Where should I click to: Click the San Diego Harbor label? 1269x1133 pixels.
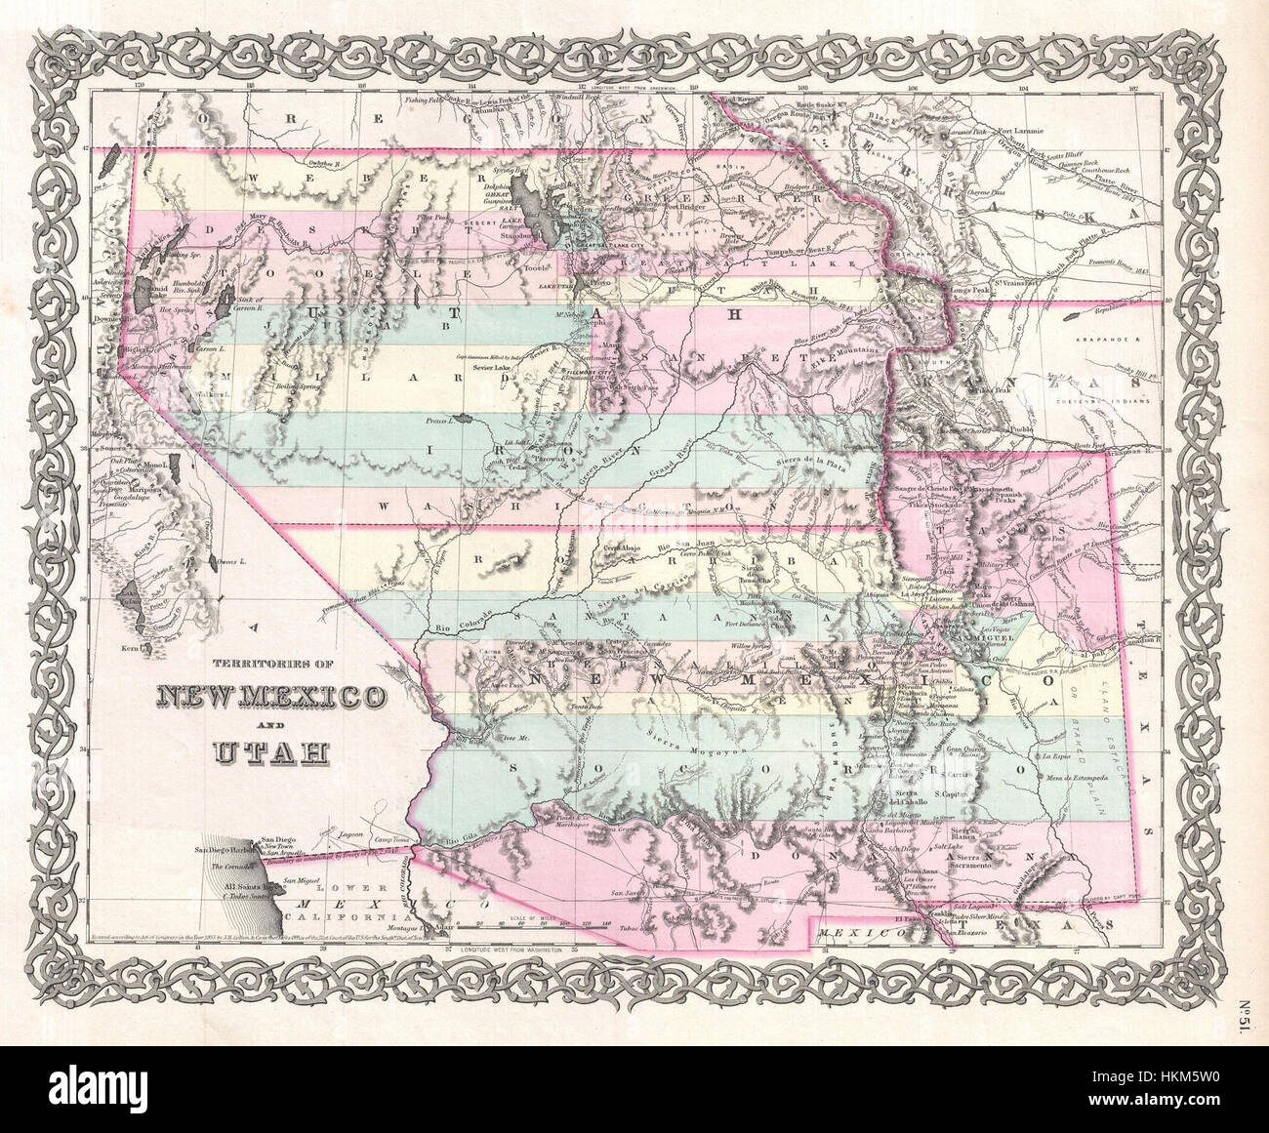(223, 852)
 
